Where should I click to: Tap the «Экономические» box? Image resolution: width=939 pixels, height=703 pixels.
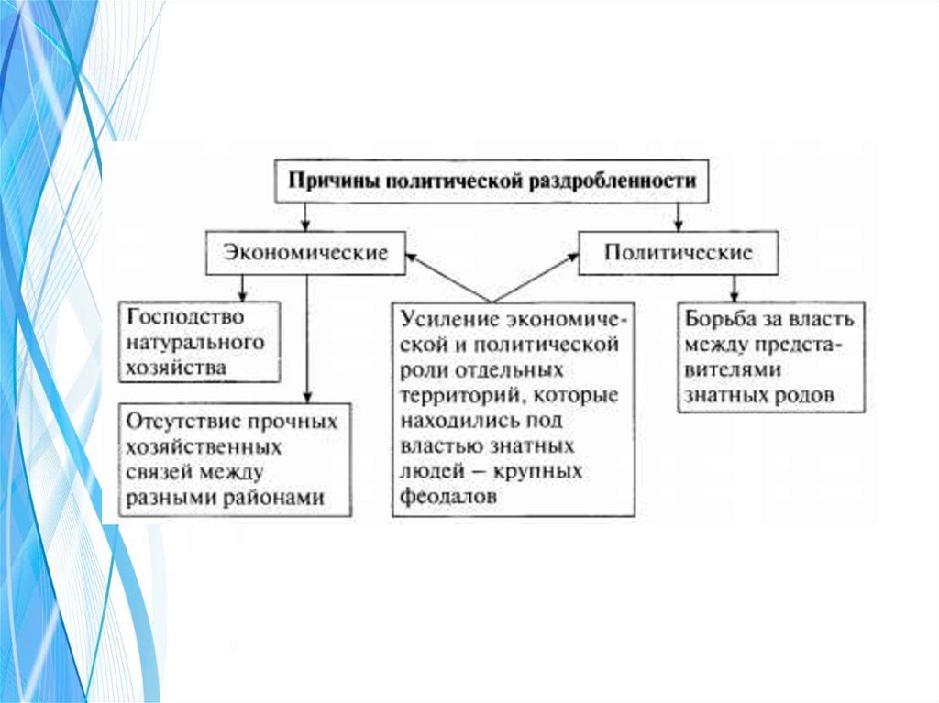click(305, 253)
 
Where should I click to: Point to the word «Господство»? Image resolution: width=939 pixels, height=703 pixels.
click(186, 317)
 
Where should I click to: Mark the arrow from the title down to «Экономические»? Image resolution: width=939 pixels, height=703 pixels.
click(305, 216)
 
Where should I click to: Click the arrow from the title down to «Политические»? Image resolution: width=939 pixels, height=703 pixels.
click(679, 216)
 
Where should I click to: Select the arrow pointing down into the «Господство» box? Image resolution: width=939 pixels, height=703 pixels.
click(242, 288)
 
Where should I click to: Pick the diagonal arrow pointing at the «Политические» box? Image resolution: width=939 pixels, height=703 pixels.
click(536, 277)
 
